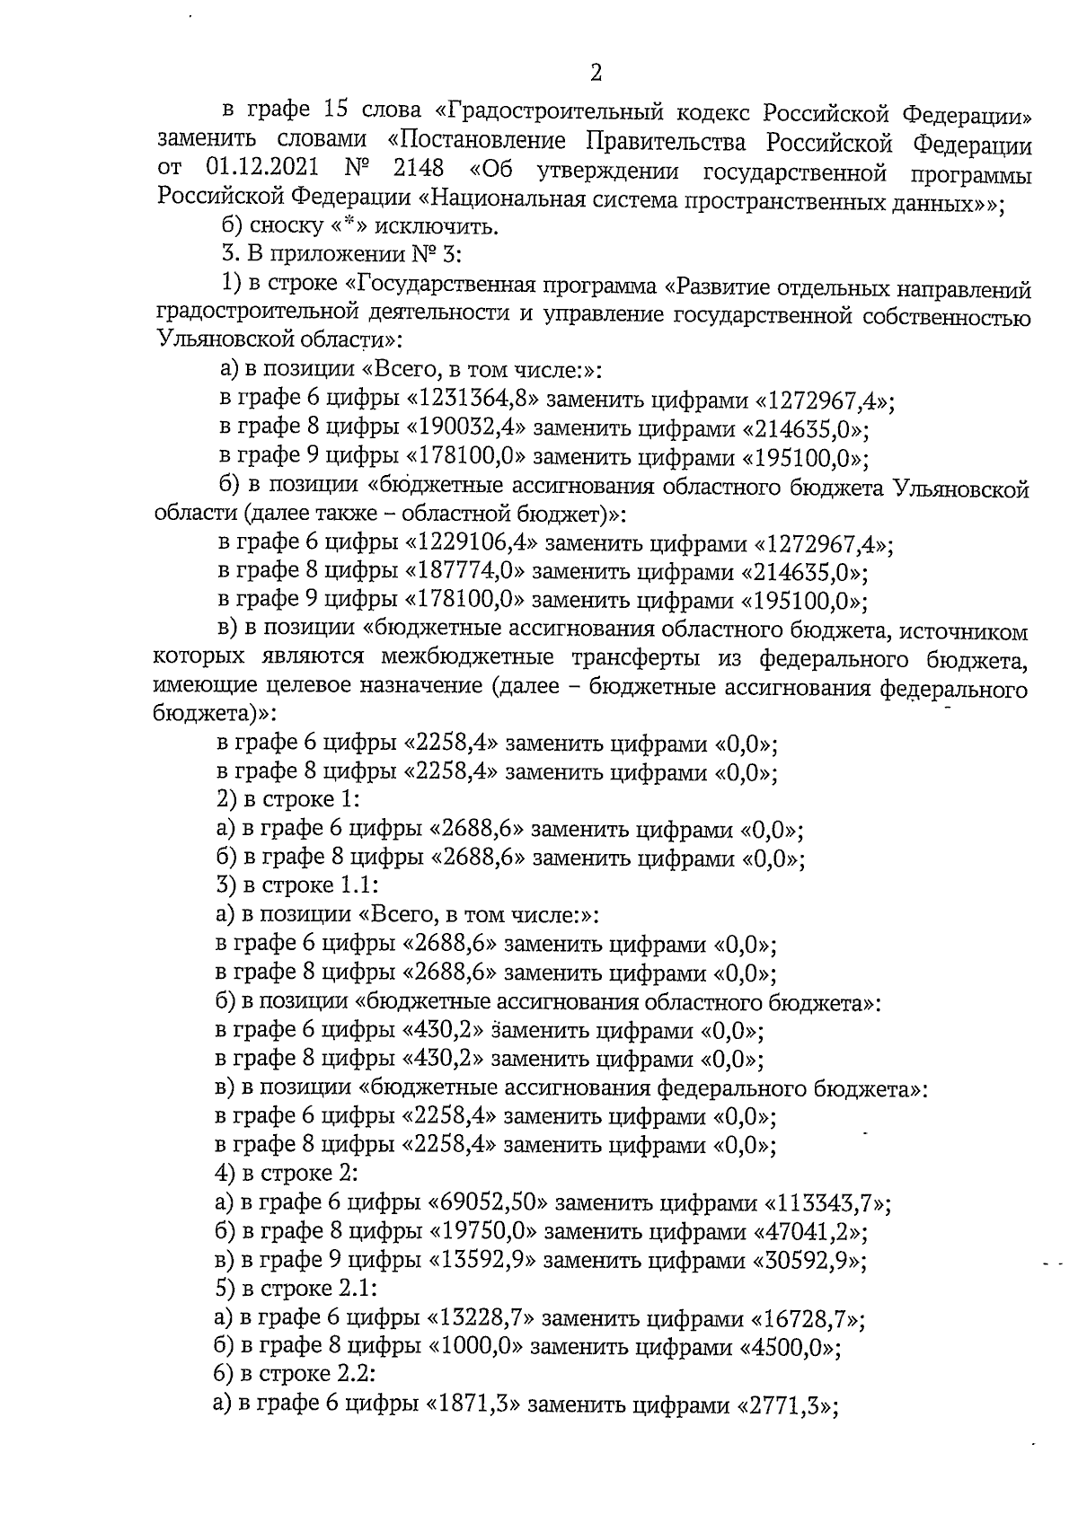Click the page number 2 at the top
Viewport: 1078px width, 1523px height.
pos(596,73)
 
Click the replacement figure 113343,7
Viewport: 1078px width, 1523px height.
pos(827,1203)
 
